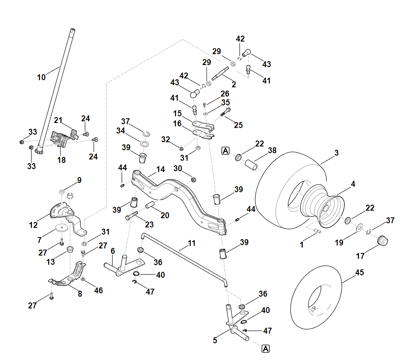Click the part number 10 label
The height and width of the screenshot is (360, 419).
(41, 77)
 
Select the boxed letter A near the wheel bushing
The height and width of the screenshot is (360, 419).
(226, 150)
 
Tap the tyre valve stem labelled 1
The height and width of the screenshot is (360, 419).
(317, 230)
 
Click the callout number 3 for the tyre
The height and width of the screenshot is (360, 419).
(337, 154)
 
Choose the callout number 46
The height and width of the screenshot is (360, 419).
(98, 290)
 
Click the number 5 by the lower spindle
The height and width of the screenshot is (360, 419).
(215, 341)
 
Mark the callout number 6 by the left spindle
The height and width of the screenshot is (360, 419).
(113, 251)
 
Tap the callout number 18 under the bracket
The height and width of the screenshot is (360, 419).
(62, 160)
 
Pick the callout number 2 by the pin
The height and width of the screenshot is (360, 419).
(234, 84)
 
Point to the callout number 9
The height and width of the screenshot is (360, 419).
(79, 180)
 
